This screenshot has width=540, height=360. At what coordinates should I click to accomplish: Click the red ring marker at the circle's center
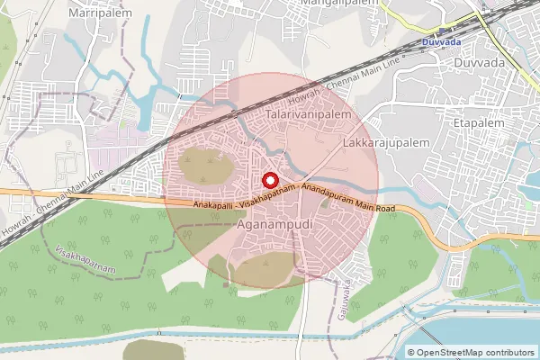click(268, 178)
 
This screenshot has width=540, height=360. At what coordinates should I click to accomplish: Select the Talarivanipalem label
click(308, 118)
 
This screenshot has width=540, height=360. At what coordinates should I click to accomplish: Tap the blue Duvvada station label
click(440, 41)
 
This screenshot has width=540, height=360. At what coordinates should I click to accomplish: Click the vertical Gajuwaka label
click(345, 297)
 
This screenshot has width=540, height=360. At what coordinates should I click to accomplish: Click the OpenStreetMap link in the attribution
click(451, 352)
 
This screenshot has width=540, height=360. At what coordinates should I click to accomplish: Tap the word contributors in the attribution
click(510, 352)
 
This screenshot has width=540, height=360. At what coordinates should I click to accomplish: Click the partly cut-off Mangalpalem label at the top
click(332, 4)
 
